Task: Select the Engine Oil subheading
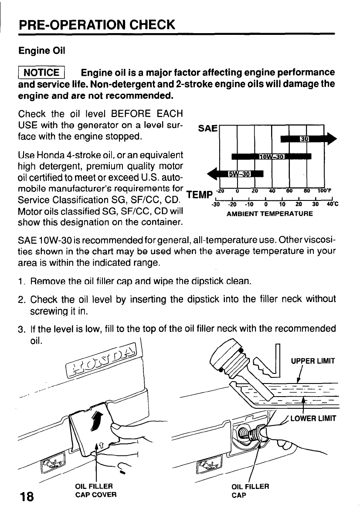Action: click(x=41, y=51)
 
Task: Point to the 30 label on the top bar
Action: click(x=304, y=139)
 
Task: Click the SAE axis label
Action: click(x=208, y=129)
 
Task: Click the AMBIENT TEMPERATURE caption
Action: click(x=269, y=214)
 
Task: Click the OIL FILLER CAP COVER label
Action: click(x=95, y=490)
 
